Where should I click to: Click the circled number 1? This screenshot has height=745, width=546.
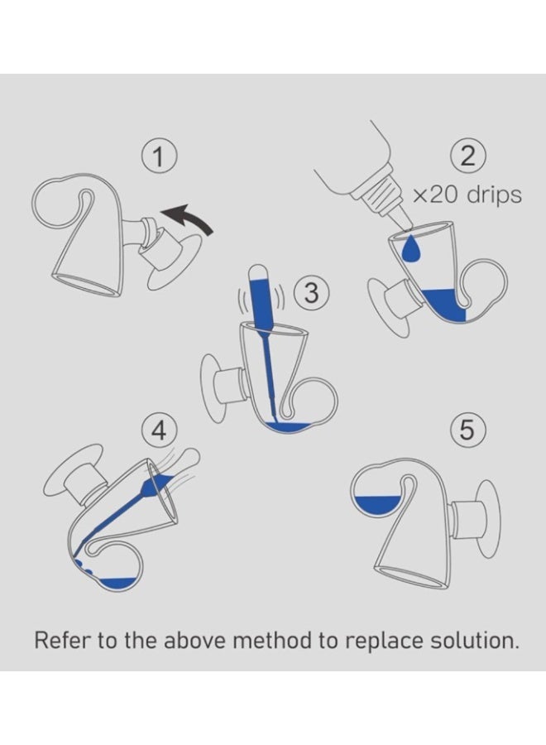pos(159,156)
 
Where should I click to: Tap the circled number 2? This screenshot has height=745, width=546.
pos(467,156)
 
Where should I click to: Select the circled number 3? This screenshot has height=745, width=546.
pos(311,293)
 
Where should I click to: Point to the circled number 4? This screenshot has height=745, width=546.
pos(159,430)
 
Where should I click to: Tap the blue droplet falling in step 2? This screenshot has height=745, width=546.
pos(411,248)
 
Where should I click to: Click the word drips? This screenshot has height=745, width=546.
pos(494,195)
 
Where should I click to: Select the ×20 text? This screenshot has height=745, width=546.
pos(438,195)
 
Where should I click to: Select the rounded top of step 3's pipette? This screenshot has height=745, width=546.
pos(259,272)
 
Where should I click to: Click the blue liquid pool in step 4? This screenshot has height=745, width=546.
pos(117,583)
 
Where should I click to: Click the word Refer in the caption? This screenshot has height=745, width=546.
pos(62,640)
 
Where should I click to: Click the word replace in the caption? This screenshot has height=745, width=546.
pos(384,642)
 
